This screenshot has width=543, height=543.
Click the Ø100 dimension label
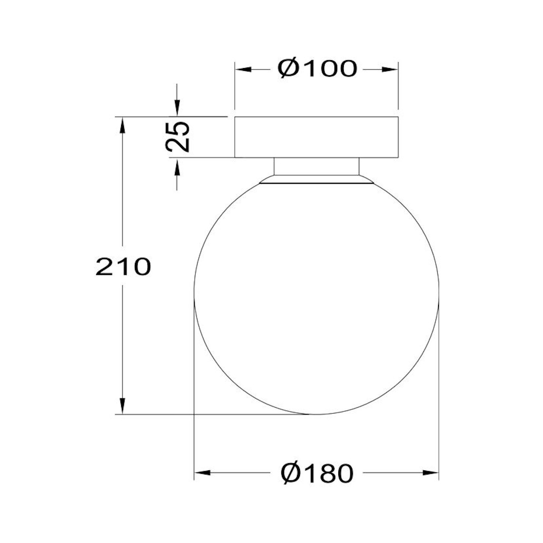coord(317,69)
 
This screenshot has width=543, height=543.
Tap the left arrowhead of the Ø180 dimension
coord(203,473)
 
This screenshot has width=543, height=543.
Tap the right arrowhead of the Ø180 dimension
coord(431,473)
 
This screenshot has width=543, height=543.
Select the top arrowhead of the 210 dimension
coord(122,125)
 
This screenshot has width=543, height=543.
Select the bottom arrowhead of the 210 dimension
coord(122,406)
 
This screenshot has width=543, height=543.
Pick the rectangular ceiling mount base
coord(316,137)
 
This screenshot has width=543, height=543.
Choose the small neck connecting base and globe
coord(316,166)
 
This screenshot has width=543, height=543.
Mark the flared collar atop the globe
coord(316,180)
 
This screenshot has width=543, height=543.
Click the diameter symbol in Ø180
coord(291,473)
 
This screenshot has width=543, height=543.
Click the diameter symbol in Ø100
coord(289,69)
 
